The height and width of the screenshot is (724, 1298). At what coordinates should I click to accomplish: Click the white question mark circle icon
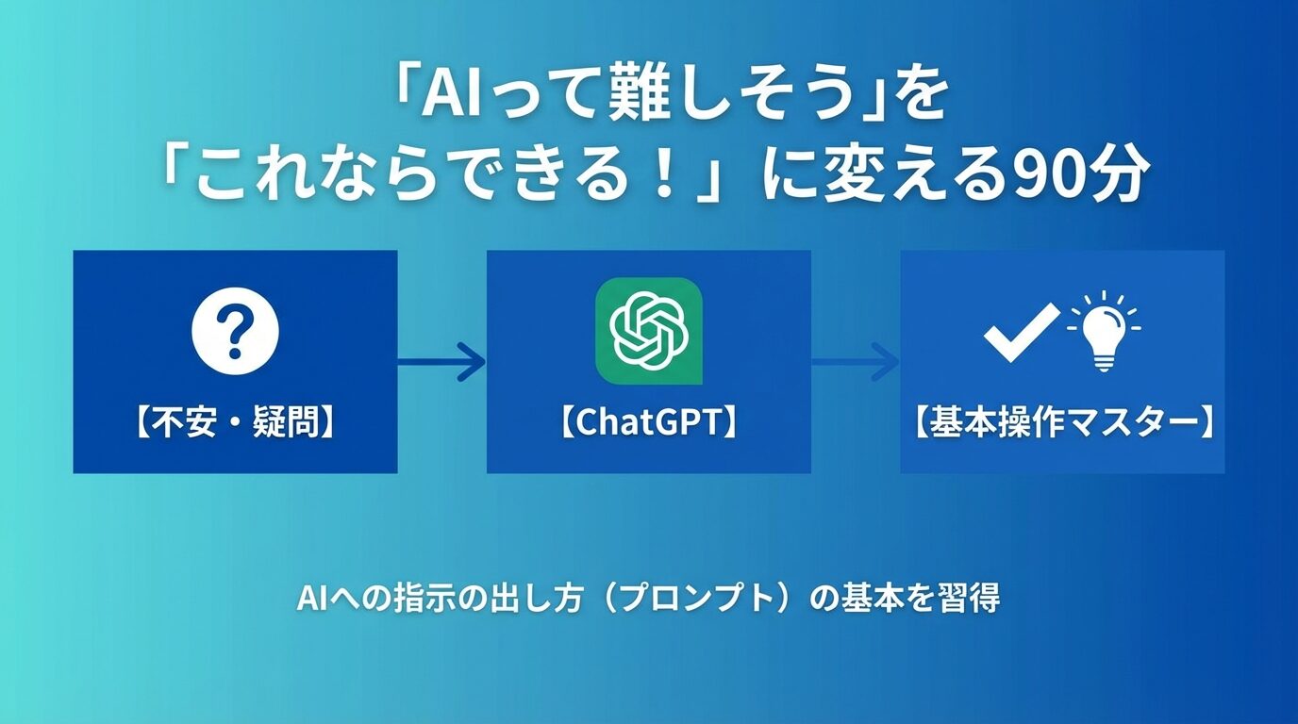[235, 332]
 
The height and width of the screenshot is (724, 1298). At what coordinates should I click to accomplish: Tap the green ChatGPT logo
[648, 331]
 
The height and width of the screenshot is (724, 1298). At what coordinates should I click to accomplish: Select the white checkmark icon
[1021, 332]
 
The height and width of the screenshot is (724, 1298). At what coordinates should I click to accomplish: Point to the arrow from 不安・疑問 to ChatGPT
[441, 361]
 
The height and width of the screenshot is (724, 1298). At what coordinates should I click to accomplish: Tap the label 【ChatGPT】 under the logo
[648, 423]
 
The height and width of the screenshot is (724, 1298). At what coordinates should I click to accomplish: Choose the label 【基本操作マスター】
[1062, 423]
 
